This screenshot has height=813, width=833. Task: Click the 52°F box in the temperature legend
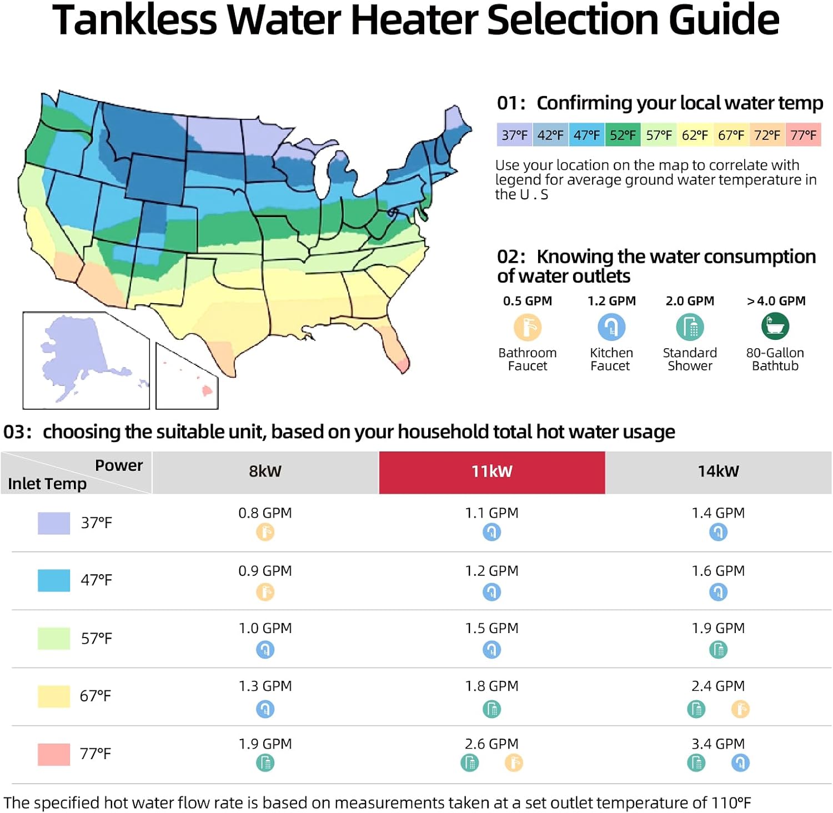[623, 135]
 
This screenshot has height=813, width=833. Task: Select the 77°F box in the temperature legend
[803, 135]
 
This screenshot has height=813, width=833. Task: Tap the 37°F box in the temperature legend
[514, 135]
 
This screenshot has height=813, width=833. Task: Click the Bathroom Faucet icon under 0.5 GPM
[527, 327]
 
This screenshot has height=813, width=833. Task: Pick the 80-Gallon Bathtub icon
[775, 326]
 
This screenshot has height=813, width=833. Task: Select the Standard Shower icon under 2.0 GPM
[690, 327]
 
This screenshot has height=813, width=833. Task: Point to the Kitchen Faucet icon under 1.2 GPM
[611, 327]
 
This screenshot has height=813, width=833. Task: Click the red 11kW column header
[491, 471]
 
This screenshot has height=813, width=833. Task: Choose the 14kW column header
[718, 471]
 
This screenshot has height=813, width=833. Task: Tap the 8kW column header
[265, 471]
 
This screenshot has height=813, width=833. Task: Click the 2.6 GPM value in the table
[491, 744]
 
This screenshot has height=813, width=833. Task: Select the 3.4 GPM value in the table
[718, 744]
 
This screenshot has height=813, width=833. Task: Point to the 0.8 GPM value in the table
[265, 513]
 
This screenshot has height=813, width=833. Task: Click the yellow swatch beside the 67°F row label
[54, 696]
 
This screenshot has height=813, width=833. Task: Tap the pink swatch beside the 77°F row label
[54, 754]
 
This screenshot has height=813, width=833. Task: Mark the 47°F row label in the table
[96, 580]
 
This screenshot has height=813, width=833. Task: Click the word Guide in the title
[724, 20]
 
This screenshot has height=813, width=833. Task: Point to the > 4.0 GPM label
[776, 301]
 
